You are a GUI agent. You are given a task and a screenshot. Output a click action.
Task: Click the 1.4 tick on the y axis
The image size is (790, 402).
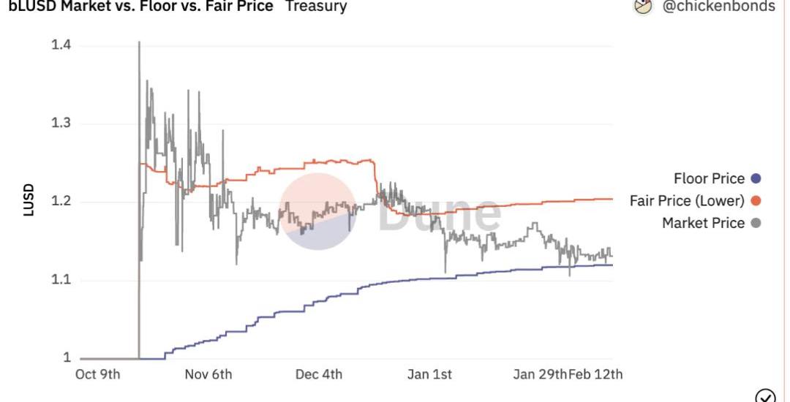coord(61,45)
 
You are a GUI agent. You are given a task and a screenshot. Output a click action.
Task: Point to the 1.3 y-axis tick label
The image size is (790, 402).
coord(61,123)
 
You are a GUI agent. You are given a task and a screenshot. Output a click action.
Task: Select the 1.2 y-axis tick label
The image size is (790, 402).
coord(61,202)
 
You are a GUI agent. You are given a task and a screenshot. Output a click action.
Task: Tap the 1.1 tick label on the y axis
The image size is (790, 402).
coord(61,280)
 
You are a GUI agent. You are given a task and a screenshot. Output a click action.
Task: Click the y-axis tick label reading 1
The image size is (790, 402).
coord(67,358)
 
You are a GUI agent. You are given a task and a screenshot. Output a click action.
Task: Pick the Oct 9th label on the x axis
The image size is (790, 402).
coord(98,374)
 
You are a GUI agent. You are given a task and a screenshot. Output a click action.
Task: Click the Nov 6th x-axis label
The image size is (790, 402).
coord(208,374)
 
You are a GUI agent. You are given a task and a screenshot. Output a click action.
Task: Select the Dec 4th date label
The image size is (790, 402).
coord(319,374)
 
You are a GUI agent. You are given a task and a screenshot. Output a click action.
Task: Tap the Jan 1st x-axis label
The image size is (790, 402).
coord(429,374)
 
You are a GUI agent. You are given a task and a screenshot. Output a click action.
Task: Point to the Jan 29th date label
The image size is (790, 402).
coord(540,374)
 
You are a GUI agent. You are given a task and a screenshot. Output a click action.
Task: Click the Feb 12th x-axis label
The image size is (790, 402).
coord(595,374)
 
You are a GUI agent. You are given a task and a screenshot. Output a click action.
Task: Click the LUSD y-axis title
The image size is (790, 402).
coord(29,202)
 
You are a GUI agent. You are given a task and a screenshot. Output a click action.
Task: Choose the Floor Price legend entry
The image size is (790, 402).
coord(709,178)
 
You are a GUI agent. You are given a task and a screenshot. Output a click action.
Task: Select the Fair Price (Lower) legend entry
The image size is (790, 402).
coord(687,200)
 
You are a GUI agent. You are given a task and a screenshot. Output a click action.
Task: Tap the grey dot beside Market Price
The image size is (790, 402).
coord(756,223)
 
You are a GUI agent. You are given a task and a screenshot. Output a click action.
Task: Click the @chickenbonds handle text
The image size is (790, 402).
coord(718,7)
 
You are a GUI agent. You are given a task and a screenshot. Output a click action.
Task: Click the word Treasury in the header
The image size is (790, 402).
coord(316,7)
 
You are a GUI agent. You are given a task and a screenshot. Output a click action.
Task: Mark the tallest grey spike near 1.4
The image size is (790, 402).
coord(139,44)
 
